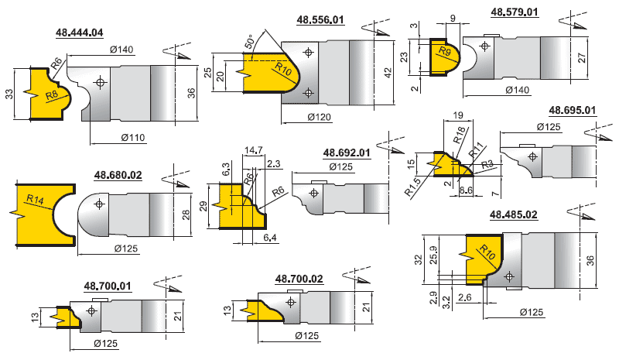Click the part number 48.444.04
[80, 33]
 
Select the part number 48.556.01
[320, 20]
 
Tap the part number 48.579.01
[515, 12]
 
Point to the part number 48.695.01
[573, 110]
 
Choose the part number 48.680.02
[118, 175]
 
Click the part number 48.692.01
[347, 153]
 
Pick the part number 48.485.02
[514, 214]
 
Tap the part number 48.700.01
[108, 286]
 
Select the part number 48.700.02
[299, 279]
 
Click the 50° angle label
[249, 42]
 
